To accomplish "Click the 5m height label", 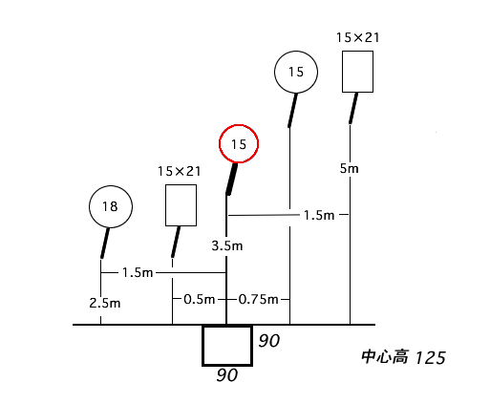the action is (x=349, y=168).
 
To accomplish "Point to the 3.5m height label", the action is (x=227, y=245).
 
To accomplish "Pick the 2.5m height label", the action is (x=105, y=303).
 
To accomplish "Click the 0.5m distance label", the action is (x=200, y=299).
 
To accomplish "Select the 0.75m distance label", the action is (x=258, y=299).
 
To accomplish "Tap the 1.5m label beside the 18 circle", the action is (x=138, y=272).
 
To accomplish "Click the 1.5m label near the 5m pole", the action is (x=319, y=215).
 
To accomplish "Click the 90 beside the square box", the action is (x=269, y=341).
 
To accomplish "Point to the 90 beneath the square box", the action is (x=227, y=375).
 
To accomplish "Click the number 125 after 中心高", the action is (x=430, y=357).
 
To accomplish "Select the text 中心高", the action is (x=385, y=357).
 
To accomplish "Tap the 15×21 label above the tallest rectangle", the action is (x=358, y=37).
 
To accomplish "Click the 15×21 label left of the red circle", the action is (x=180, y=171).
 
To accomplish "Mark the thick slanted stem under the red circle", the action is (x=232, y=179).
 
